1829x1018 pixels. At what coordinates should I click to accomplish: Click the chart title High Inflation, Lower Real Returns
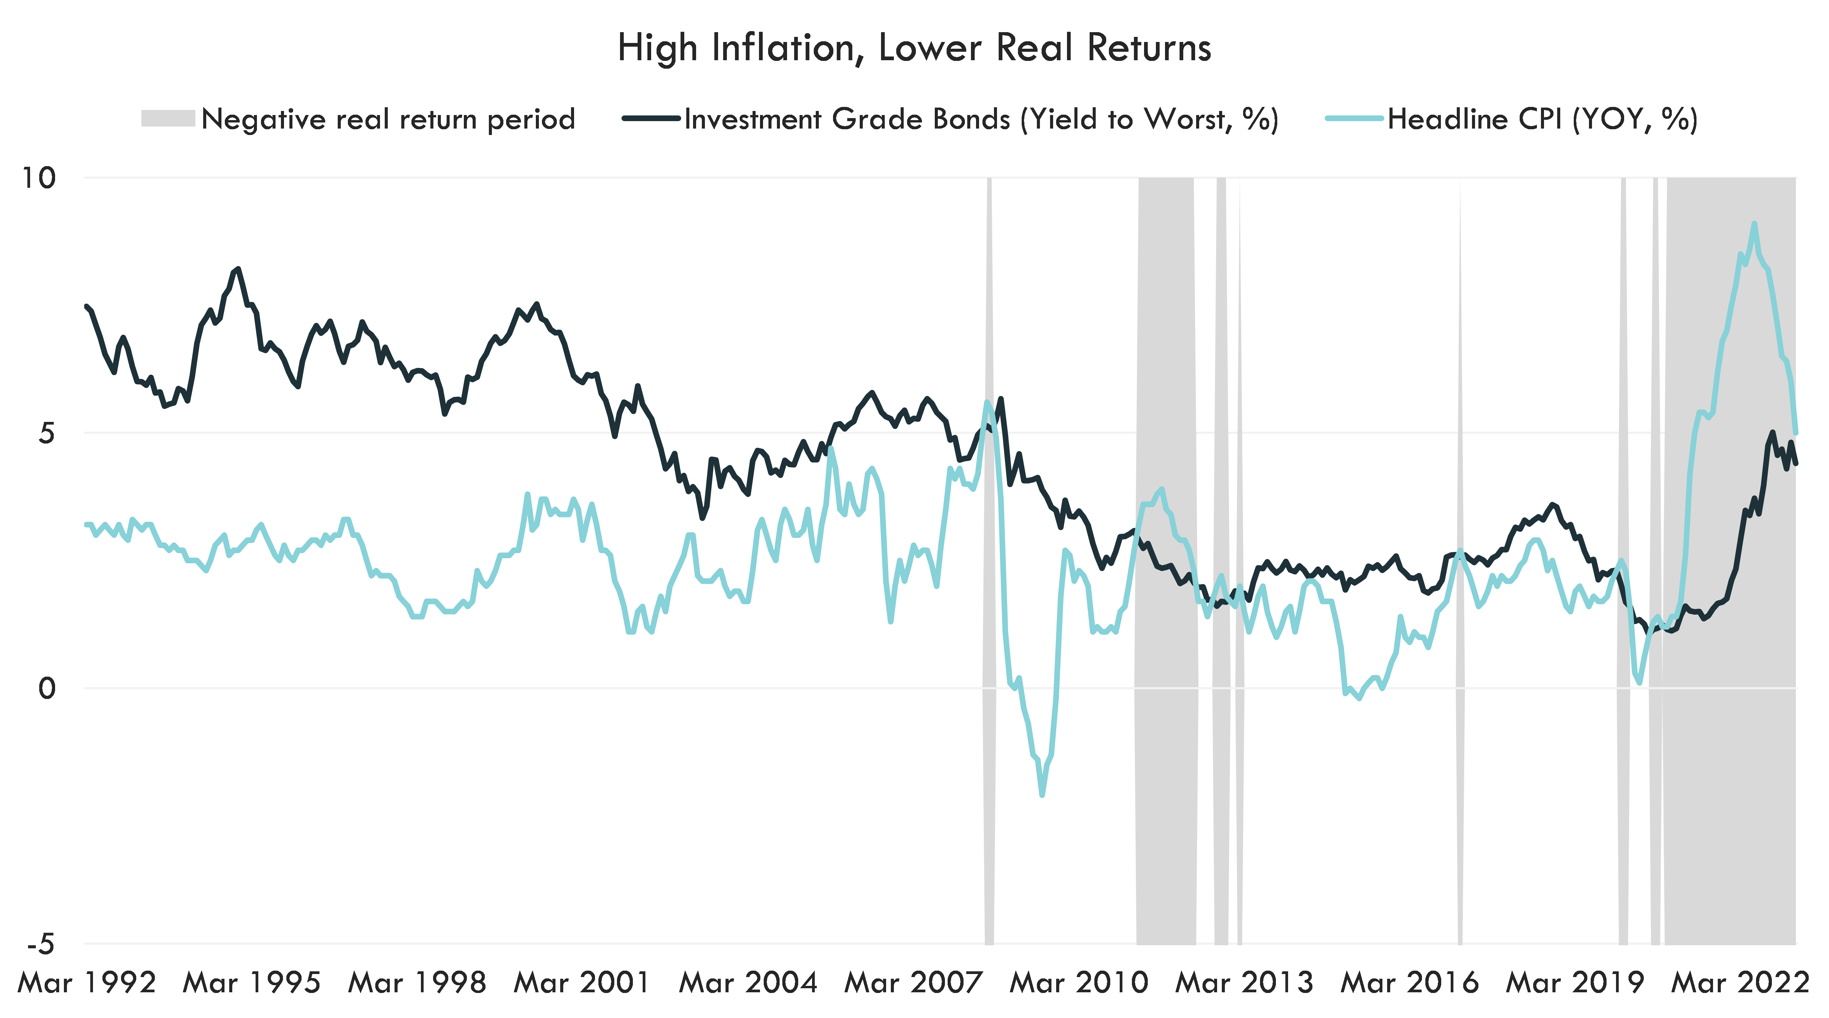coord(914,48)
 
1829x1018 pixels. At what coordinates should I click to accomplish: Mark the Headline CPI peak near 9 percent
coord(1754,225)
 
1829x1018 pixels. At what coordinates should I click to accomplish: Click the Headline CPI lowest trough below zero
coord(1042,794)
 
